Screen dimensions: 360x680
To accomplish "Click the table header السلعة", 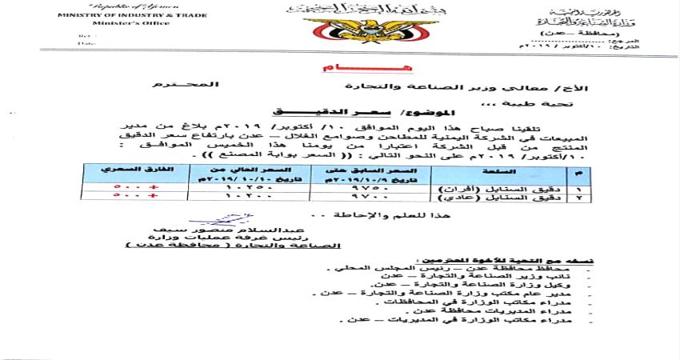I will click(468, 171).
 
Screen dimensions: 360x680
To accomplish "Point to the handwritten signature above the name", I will click(217, 218).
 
